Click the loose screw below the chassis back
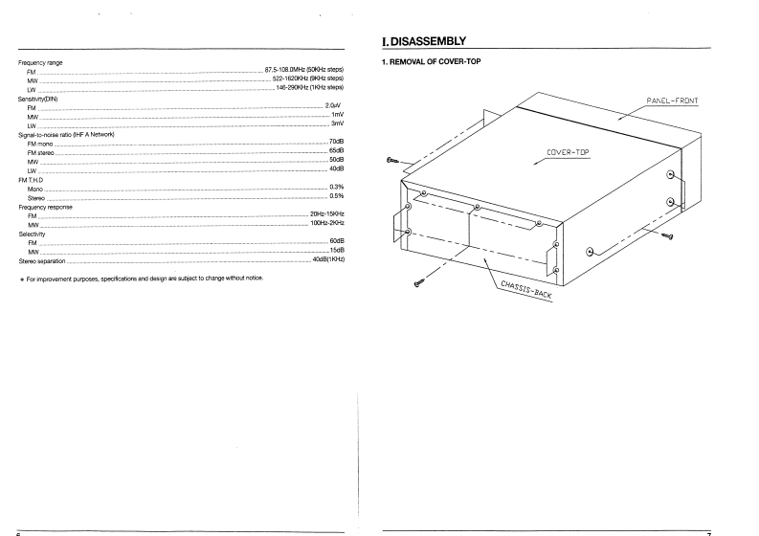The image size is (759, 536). [419, 283]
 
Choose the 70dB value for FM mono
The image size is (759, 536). [336, 142]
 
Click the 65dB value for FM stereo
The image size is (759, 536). [336, 150]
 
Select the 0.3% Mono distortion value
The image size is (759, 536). [336, 187]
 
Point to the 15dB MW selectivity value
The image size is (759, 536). [336, 251]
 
